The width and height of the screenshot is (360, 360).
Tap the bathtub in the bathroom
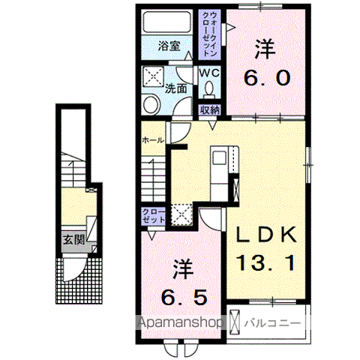point(169,23)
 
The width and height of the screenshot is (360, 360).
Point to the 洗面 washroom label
point(176,87)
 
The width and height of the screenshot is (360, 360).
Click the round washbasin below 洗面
point(150,103)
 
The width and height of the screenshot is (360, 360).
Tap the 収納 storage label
point(211,109)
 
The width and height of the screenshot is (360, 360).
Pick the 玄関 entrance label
point(72,241)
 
